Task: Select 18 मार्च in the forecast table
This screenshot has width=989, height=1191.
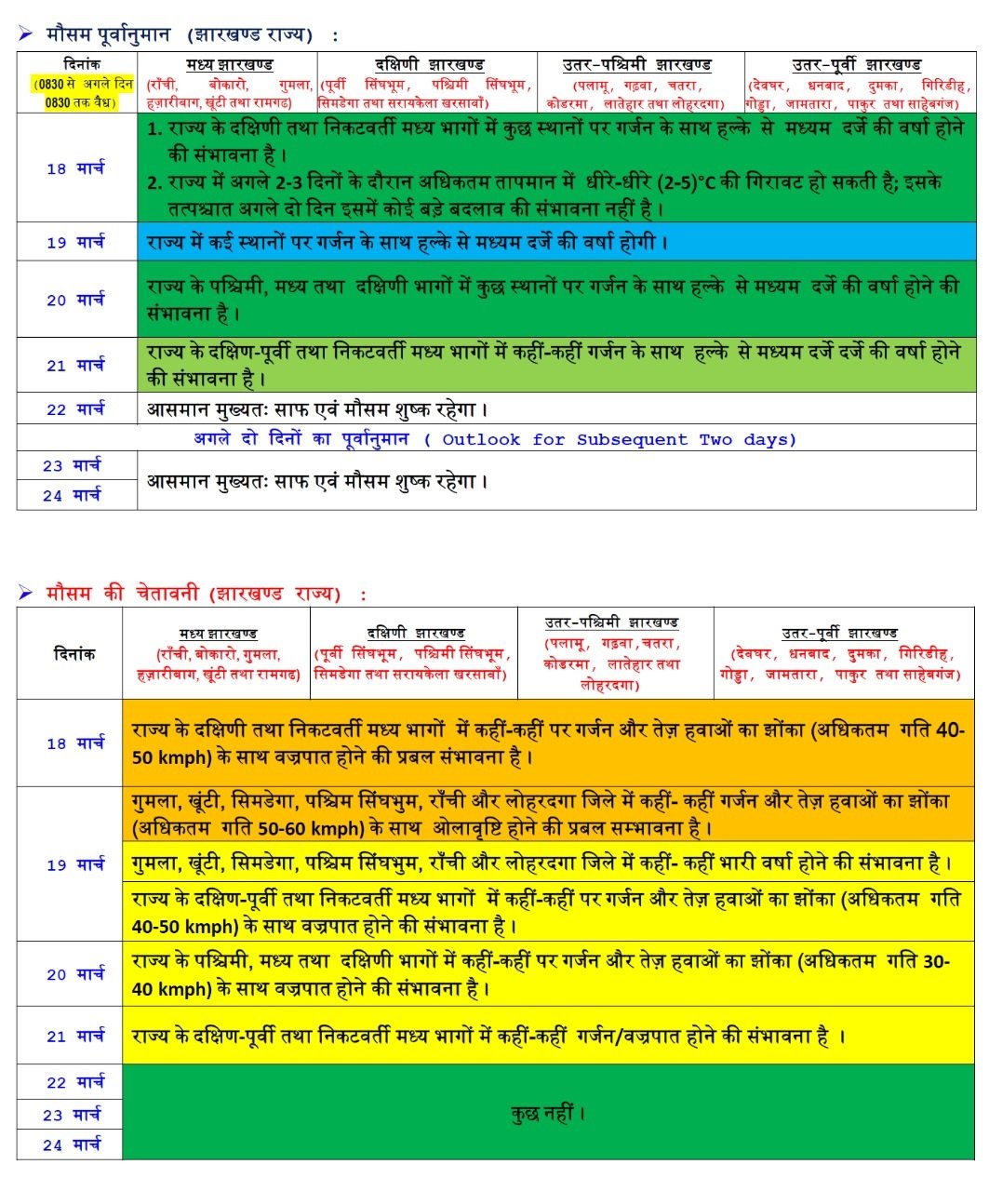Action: tap(75, 168)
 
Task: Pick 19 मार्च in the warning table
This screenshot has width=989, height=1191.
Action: tap(75, 864)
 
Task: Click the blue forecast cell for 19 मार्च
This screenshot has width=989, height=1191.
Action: tap(556, 242)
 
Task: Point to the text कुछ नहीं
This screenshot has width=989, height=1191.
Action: tap(548, 1113)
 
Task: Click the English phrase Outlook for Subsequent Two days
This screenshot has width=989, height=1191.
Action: tap(619, 439)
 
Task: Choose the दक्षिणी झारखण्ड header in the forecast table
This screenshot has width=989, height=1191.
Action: tap(429, 64)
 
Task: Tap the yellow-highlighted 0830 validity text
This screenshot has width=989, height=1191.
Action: tap(81, 93)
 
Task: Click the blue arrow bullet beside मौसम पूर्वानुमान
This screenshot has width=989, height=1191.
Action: tap(25, 34)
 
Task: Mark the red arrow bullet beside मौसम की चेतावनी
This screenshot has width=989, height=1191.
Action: tap(25, 593)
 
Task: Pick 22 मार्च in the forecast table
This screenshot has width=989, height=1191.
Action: tap(75, 408)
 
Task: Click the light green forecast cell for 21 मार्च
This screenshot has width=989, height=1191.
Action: tap(556, 365)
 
